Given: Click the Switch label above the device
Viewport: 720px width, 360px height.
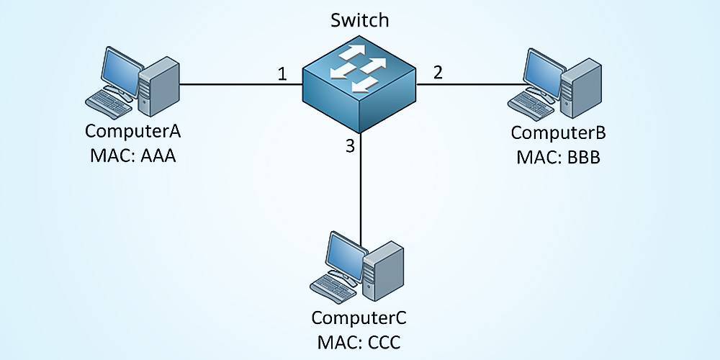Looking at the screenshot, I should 359,20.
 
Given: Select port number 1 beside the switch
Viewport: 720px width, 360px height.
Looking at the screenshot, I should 282,73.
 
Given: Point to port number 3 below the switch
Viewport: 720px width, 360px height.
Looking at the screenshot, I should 350,147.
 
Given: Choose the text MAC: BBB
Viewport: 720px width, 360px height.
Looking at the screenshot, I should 558,156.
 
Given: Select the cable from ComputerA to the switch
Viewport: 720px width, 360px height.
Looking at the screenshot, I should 238,84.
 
